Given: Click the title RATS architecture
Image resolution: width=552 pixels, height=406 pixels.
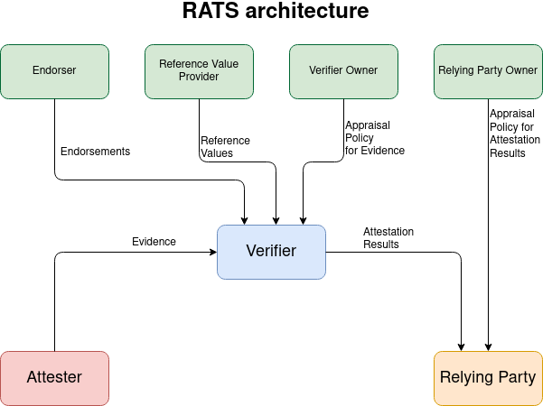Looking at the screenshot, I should coord(276,13).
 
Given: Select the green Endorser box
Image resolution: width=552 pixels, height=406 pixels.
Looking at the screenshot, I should coord(54,71).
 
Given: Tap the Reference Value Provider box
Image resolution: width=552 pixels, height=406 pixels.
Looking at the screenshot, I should coord(199,71).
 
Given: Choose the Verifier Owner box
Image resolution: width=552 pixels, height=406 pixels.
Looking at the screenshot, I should coord(343,71).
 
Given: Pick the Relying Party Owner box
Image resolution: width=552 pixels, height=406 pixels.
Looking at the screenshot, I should coord(488,71).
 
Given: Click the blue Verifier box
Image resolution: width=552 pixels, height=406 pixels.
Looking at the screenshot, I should coord(271,252).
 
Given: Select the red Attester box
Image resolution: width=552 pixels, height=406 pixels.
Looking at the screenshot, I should coord(54,378).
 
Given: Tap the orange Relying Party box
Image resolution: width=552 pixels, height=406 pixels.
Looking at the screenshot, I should coord(488,378).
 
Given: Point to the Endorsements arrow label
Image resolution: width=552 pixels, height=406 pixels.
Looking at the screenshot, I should coord(95,152).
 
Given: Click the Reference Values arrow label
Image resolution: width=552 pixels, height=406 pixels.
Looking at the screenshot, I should coord(225,147).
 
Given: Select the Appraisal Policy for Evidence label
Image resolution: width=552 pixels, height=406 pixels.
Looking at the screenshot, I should coord(374,138).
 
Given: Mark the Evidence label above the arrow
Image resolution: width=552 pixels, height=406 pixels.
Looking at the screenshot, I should coord(154,242).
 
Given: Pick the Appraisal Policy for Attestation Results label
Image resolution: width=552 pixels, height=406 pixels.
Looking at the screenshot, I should coord(514,134).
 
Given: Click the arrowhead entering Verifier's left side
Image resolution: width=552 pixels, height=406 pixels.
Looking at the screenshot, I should coord(212,253).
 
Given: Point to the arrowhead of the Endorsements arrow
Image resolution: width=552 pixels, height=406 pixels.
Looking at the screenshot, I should coord(245,220).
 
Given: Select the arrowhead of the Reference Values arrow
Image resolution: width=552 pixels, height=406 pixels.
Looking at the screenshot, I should coord(276,220).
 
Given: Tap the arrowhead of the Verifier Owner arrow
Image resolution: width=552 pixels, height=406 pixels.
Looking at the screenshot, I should coord(302,220).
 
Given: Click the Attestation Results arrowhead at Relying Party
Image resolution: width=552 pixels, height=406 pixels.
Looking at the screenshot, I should coord(462,346).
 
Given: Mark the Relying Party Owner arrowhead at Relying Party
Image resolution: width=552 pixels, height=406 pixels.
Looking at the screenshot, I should coord(489,346).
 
